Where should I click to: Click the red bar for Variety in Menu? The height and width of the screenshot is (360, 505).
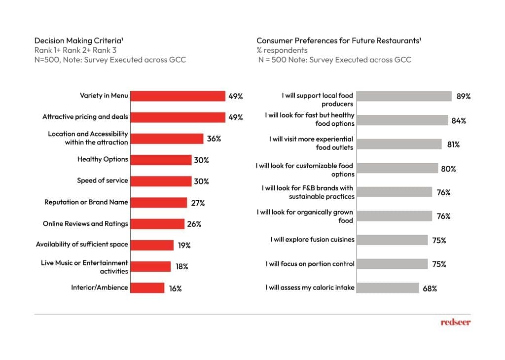177,96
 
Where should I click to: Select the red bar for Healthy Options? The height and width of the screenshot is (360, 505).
161,160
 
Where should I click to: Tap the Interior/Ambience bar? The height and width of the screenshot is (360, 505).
147,288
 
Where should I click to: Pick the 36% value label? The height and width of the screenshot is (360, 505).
214,139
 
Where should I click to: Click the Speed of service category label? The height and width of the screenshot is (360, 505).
102,180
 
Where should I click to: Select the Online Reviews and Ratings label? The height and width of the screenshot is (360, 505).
85,224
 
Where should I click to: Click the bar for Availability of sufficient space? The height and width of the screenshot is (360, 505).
152,245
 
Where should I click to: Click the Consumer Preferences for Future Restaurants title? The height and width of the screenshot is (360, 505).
338,40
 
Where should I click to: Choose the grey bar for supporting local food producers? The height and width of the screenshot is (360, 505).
404,96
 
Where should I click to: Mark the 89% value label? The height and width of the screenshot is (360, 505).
464,97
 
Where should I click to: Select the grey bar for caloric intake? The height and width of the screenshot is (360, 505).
387,288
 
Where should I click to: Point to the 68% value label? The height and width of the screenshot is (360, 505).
430,288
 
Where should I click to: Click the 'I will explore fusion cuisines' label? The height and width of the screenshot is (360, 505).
312,240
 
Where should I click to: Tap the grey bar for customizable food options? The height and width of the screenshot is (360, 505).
397,168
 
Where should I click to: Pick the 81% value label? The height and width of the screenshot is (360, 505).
453,144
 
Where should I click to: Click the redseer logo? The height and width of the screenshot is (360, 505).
455,322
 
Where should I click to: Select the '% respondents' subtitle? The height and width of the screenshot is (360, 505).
282,50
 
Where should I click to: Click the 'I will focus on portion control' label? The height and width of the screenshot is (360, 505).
310,264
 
